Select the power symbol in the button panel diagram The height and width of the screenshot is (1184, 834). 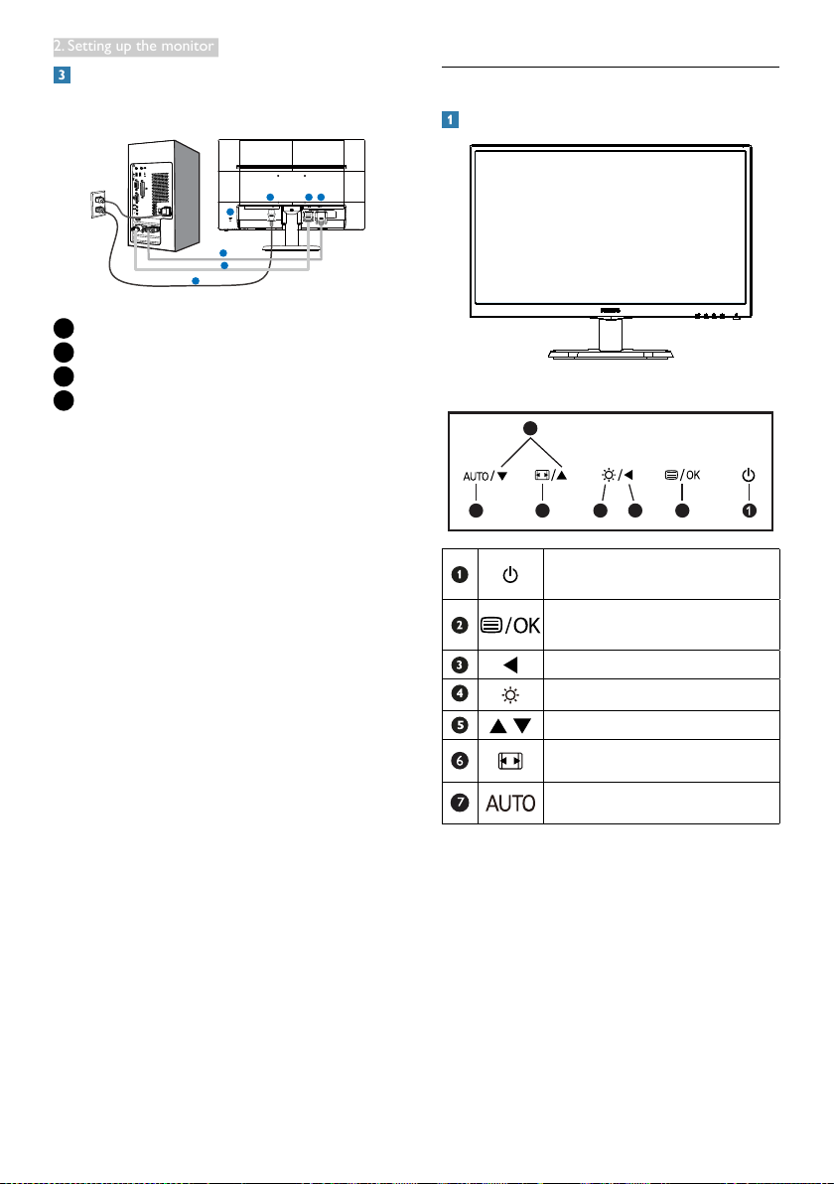[x=749, y=474]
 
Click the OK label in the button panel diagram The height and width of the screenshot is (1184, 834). [x=691, y=474]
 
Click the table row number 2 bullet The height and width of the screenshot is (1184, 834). [x=461, y=624]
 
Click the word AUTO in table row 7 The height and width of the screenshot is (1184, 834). [x=511, y=803]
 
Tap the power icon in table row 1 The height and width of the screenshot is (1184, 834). [x=511, y=574]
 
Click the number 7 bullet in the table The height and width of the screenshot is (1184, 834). [x=461, y=803]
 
